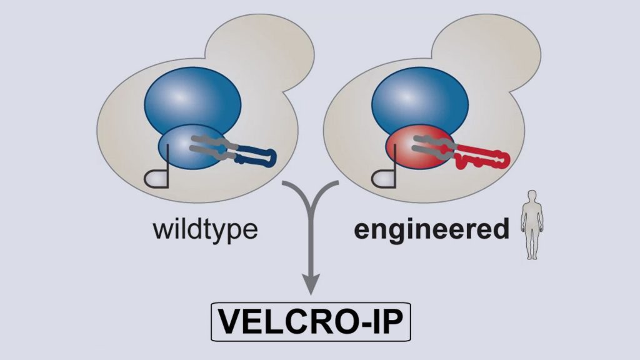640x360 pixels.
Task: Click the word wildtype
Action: [x=205, y=229]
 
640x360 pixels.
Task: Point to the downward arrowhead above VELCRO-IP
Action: [x=311, y=284]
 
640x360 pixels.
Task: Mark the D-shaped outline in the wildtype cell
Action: [x=156, y=179]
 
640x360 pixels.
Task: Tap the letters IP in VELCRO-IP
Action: [x=381, y=324]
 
